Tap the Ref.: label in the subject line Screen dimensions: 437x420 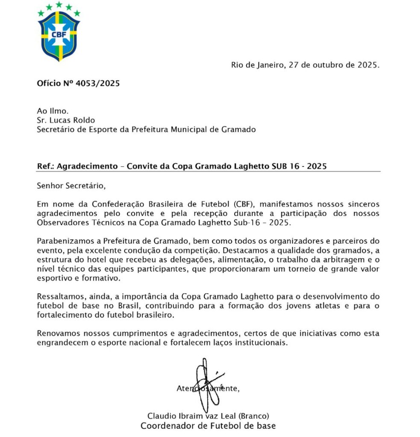pos(46,166)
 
